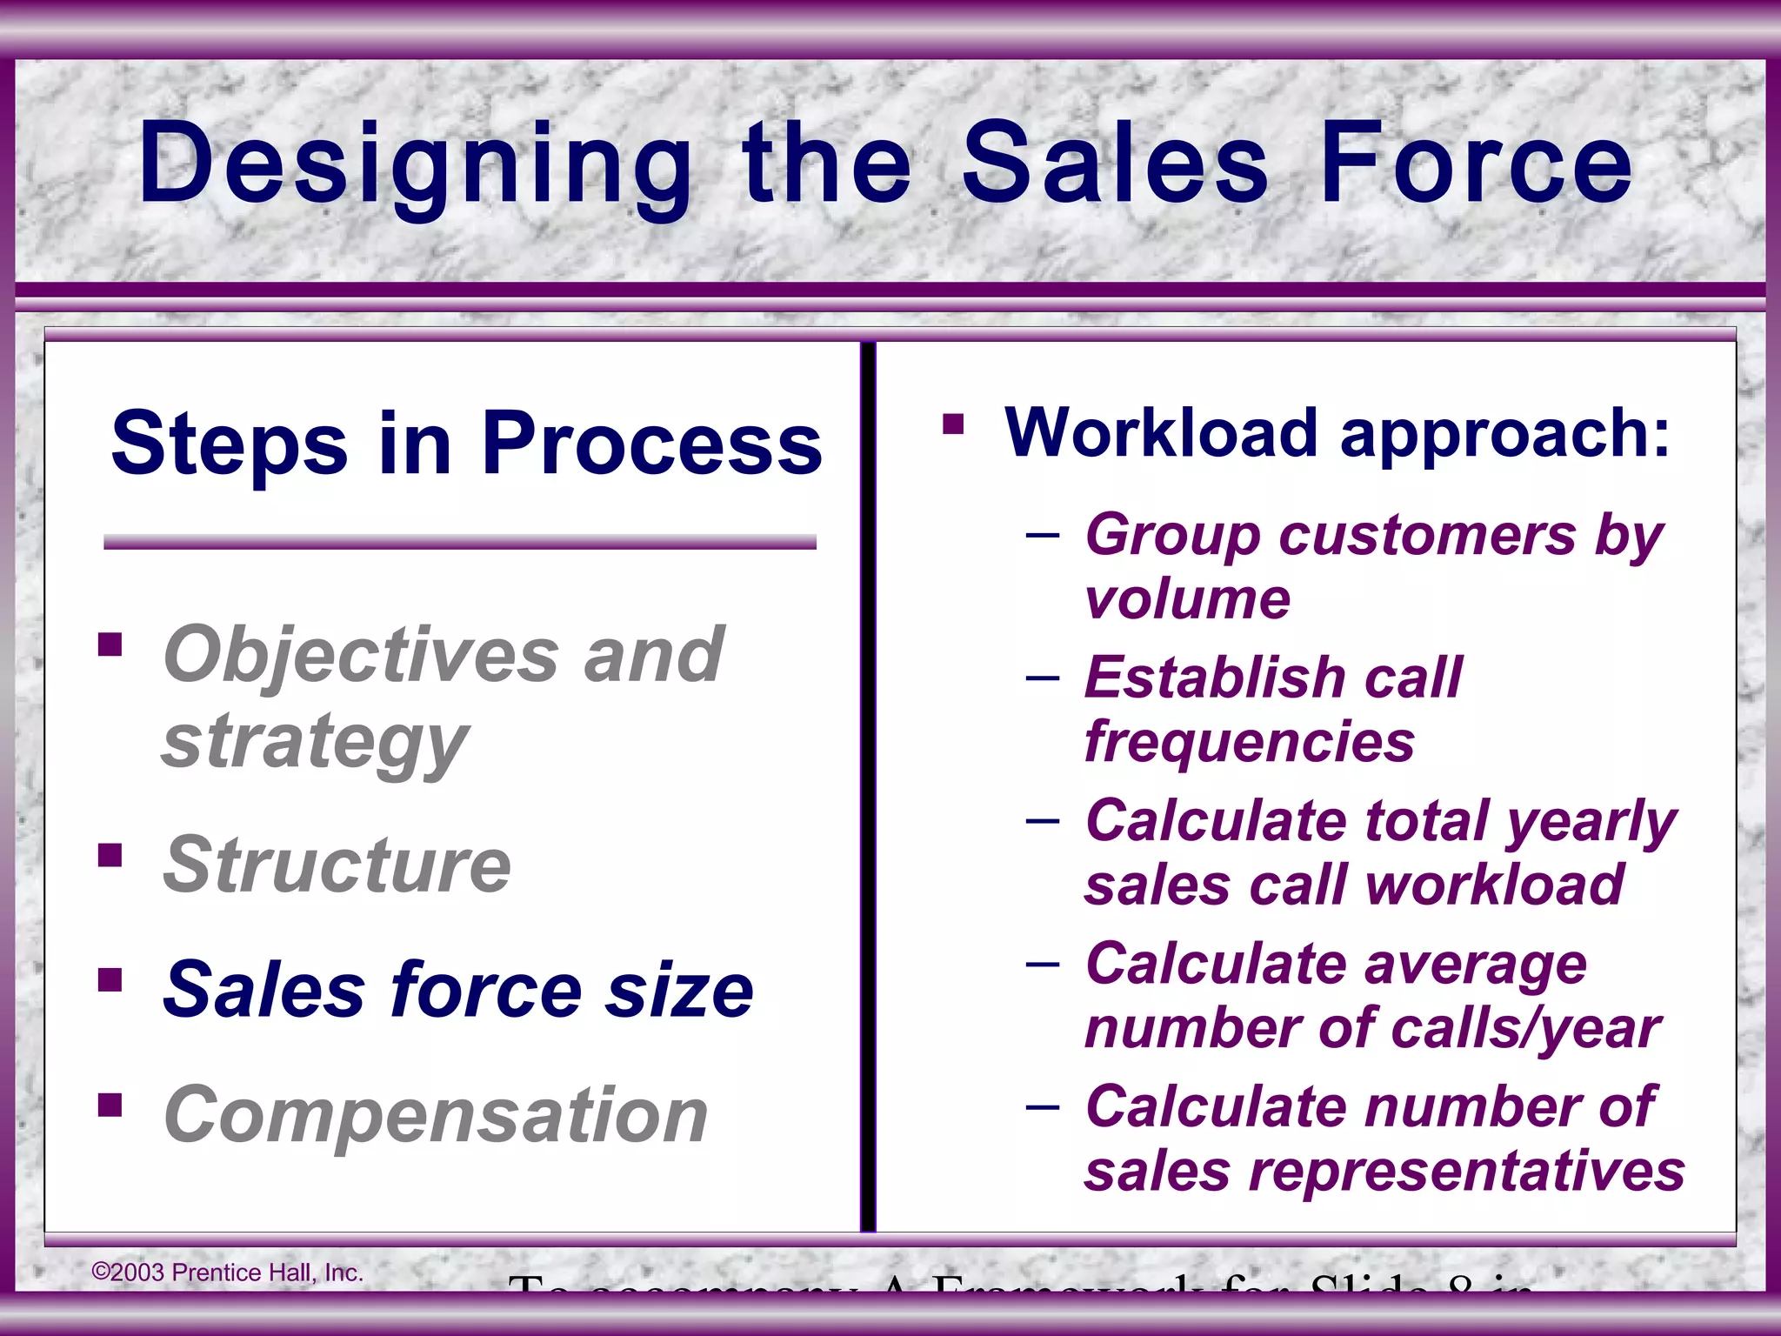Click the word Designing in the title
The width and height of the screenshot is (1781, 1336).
point(415,165)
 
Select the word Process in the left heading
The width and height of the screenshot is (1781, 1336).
point(651,444)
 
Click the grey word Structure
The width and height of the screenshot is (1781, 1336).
point(337,865)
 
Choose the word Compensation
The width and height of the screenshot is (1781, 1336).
point(436,1115)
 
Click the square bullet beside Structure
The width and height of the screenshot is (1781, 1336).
point(110,856)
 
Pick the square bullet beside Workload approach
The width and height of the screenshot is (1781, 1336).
point(953,424)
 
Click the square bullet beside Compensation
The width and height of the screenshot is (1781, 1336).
point(110,1105)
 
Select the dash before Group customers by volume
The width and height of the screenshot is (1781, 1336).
point(1042,533)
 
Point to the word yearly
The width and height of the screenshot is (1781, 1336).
point(1591,822)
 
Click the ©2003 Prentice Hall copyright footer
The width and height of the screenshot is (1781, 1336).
point(228,1273)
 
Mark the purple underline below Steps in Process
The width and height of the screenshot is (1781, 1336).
point(459,543)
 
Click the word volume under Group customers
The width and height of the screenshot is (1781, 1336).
point(1187,599)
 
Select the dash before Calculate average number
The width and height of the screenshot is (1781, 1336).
point(1042,963)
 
